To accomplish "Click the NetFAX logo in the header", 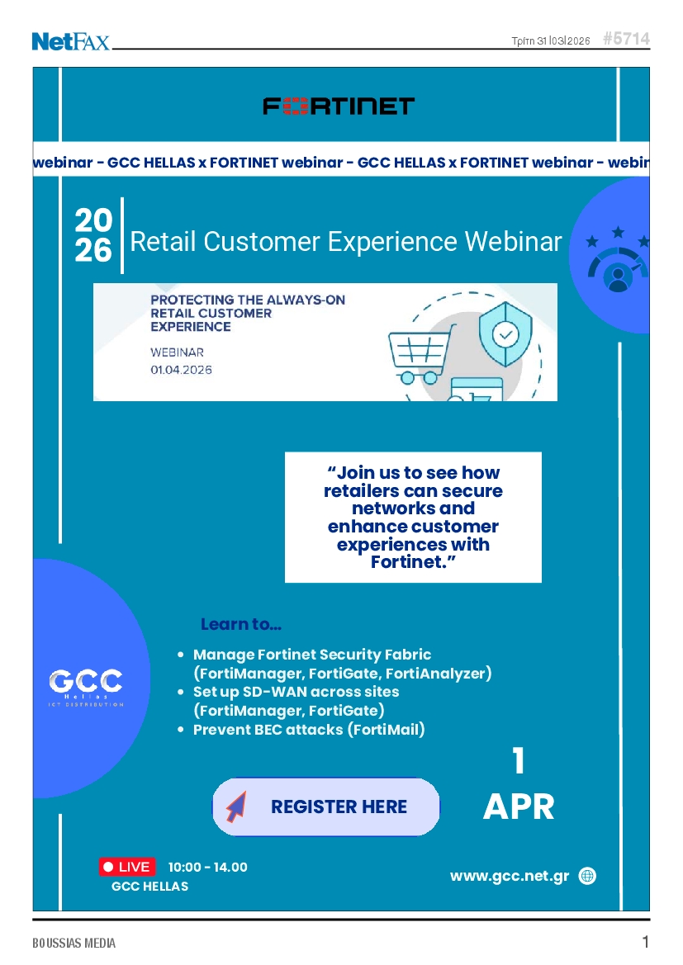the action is tap(71, 41).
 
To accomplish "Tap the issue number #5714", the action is tap(626, 39).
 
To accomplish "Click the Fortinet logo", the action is tap(339, 106).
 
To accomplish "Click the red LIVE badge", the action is tap(127, 867).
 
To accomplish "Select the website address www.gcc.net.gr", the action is tap(510, 876).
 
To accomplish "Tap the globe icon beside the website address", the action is tap(587, 876).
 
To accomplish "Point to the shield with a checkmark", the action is tap(505, 334).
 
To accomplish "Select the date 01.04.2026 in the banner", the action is tap(181, 370).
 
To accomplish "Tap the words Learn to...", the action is tap(241, 624).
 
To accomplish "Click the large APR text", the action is tap(519, 807).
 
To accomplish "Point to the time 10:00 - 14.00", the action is tap(207, 867).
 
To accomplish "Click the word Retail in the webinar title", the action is tap(164, 242).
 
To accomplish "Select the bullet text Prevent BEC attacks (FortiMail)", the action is tap(309, 729).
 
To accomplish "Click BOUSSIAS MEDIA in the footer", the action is tap(74, 943).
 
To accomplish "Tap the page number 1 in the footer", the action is tap(646, 942).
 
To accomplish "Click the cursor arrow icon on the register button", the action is tap(236, 807).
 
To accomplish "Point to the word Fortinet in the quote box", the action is tap(407, 562).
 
